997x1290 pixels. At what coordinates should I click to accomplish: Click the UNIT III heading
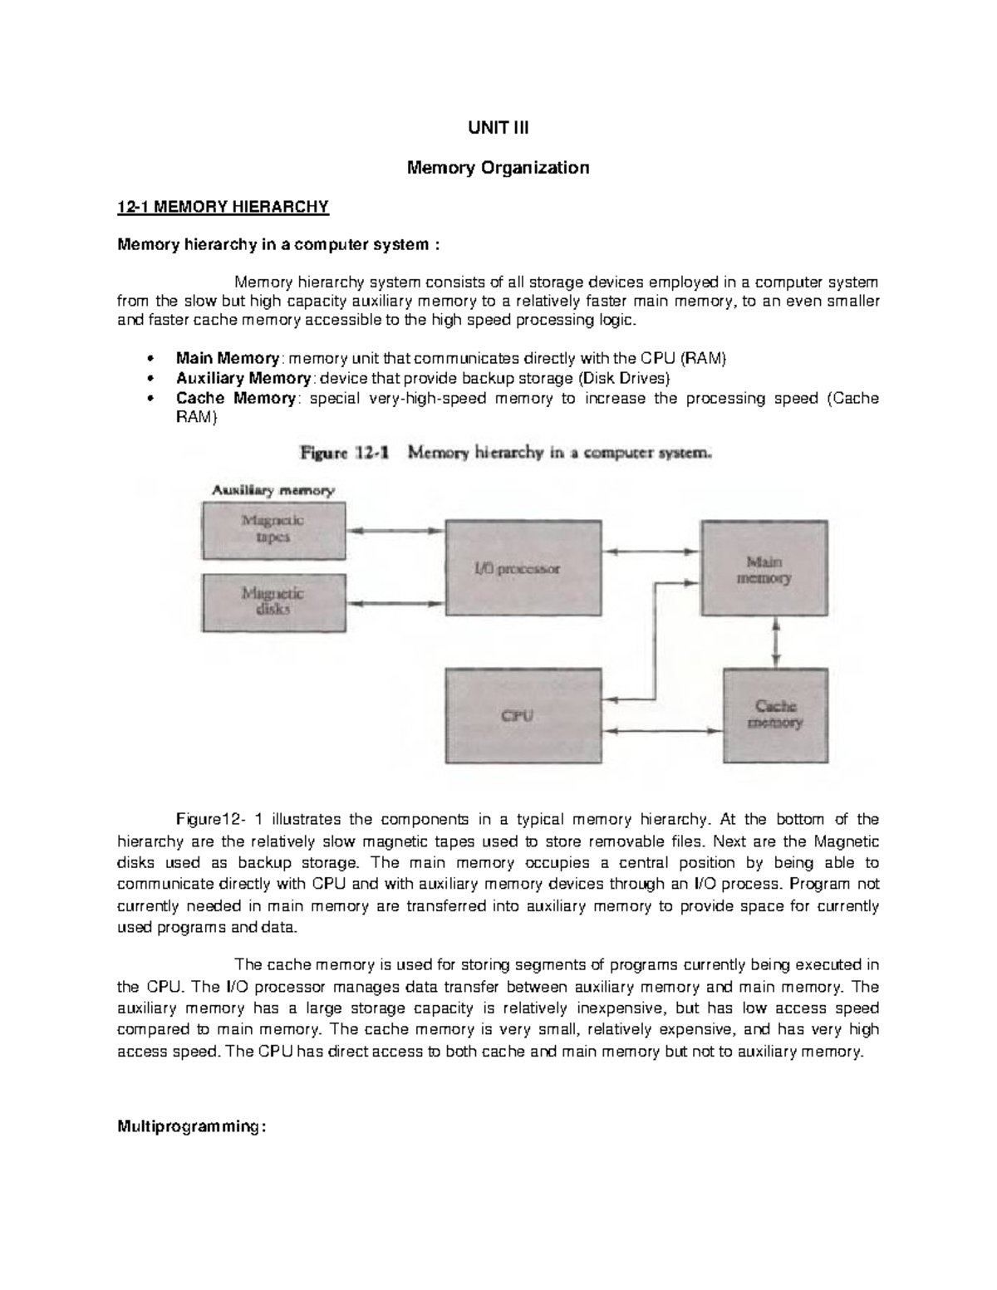[x=497, y=129]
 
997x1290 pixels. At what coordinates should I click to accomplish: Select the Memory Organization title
[x=497, y=168]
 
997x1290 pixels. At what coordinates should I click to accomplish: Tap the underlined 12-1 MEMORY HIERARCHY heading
[x=223, y=207]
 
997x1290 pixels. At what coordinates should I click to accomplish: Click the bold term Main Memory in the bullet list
[x=227, y=358]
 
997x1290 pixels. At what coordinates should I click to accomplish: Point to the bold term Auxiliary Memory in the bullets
[x=243, y=378]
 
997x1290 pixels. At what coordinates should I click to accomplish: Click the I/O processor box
[x=523, y=568]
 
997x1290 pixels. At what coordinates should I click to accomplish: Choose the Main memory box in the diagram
[x=764, y=569]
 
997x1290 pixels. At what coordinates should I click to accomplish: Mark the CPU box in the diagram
[x=523, y=715]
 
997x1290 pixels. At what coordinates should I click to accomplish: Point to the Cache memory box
[x=775, y=715]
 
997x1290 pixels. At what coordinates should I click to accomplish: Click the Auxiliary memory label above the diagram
[x=273, y=490]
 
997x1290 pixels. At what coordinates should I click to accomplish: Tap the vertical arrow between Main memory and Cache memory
[x=775, y=641]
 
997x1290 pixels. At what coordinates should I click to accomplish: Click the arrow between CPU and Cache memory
[x=662, y=732]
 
